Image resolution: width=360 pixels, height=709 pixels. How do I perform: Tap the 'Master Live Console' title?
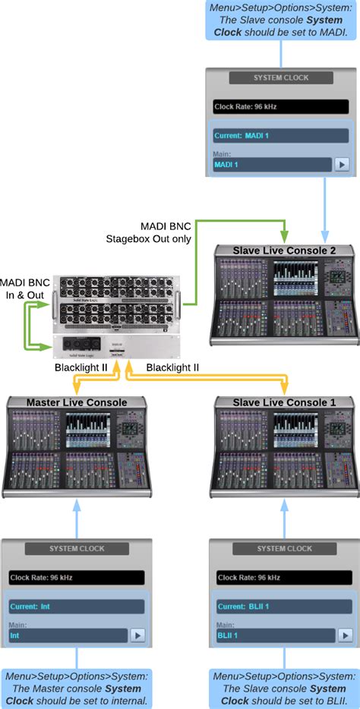coord(76,402)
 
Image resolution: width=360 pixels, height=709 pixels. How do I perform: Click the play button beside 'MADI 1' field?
coord(342,164)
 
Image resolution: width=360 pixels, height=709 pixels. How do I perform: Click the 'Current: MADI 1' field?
coord(280,135)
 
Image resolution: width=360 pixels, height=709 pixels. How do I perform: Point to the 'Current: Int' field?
coord(76,607)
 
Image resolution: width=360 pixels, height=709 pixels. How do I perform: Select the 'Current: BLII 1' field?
coord(284,607)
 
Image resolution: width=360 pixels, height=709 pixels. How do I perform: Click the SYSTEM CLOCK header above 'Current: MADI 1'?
coord(281,77)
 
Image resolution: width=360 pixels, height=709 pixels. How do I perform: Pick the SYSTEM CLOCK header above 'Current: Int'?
coord(76,548)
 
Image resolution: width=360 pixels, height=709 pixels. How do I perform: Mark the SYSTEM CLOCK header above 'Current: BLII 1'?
coord(284,548)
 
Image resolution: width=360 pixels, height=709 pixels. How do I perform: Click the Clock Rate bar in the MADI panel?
coord(280,107)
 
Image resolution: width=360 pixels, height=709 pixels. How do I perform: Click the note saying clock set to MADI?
coord(281,20)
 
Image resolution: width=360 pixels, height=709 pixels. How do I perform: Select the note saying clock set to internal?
coord(76,689)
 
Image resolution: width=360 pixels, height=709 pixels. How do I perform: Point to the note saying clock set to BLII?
coord(284,689)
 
